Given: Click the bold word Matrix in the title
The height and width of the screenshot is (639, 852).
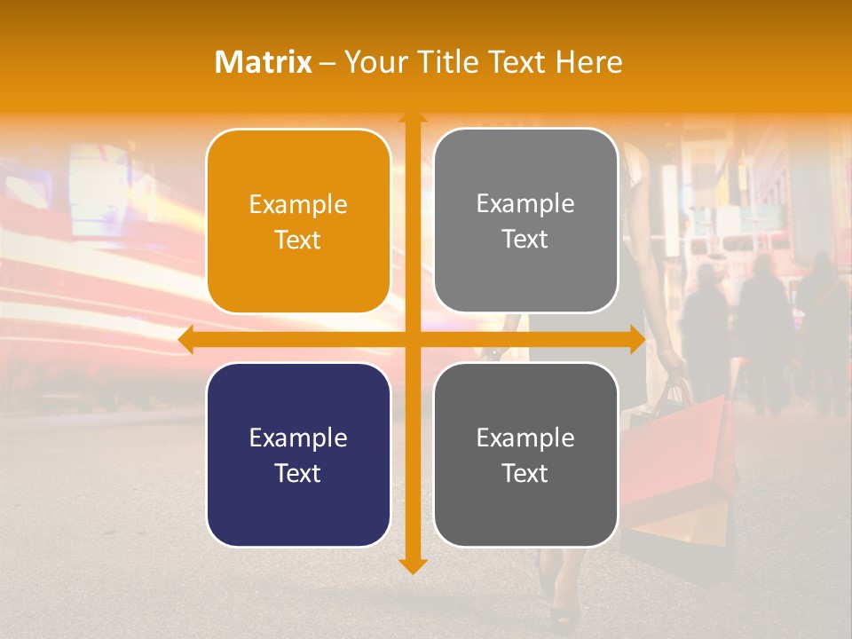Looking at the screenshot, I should click(264, 62).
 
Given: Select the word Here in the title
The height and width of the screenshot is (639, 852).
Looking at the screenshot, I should click(589, 62).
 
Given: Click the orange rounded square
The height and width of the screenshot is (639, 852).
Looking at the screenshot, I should click(298, 222).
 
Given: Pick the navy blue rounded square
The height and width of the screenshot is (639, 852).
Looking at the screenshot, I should click(298, 454).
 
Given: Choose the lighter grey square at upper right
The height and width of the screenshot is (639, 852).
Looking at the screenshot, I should click(525, 221).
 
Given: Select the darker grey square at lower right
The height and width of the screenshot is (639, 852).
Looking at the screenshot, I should click(525, 454).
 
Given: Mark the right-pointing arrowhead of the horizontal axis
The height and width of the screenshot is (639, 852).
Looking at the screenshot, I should click(636, 340).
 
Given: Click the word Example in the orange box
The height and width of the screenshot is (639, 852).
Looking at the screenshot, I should click(298, 205).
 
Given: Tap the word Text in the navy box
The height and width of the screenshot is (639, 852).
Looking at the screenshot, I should click(298, 473).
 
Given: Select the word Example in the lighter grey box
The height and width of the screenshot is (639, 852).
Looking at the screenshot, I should click(525, 204).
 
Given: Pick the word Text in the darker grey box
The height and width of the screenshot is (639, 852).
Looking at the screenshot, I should click(525, 473).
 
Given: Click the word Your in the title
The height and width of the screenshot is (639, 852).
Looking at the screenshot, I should click(370, 62).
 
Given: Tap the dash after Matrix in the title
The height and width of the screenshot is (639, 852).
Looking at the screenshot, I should click(327, 63).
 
